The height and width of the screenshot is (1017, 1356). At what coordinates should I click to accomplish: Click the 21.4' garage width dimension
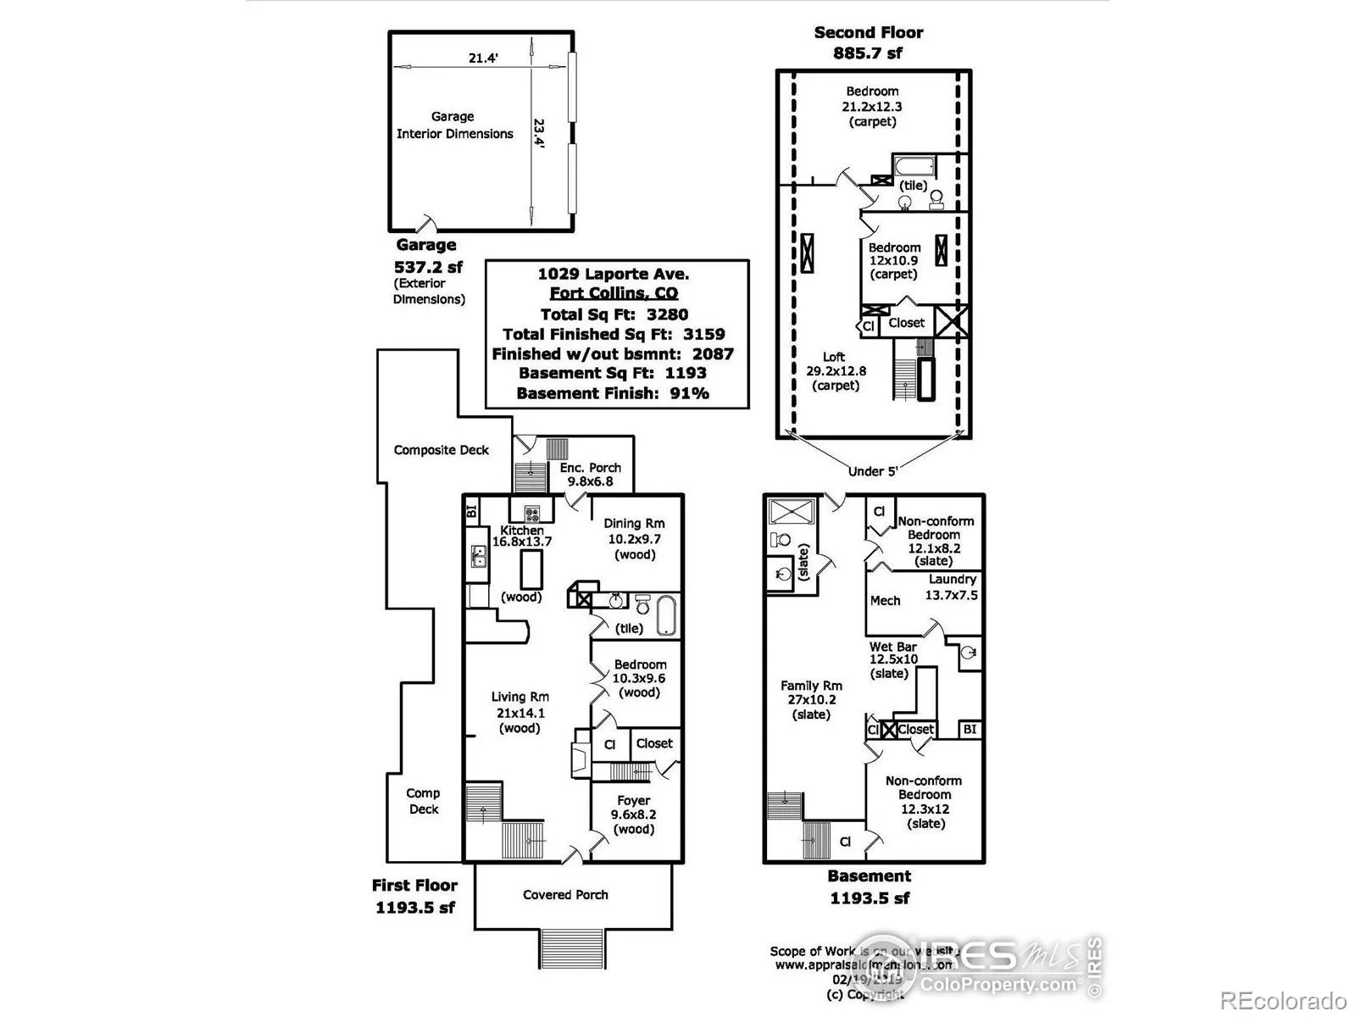(x=483, y=58)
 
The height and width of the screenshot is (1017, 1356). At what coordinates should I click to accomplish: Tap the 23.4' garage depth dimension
(x=539, y=134)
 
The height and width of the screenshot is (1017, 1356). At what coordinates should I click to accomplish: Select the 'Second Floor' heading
(x=868, y=33)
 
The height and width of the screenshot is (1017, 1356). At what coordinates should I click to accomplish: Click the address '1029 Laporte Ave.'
(x=613, y=274)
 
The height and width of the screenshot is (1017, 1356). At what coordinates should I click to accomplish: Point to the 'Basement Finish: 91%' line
(x=613, y=393)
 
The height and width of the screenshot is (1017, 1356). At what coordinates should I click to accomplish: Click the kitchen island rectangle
(x=531, y=569)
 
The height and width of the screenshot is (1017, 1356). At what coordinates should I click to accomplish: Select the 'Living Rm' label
(x=520, y=697)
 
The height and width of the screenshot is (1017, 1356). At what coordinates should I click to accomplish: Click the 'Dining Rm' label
(x=634, y=524)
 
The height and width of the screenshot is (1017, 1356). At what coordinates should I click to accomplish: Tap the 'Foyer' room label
(x=634, y=800)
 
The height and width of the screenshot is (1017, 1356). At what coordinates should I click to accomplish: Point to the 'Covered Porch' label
(x=565, y=895)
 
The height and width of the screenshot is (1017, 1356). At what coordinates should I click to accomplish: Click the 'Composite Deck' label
(x=441, y=450)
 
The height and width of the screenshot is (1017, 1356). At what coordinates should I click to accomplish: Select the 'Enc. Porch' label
(x=590, y=468)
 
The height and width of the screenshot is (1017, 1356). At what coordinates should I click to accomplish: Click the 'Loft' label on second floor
(x=834, y=357)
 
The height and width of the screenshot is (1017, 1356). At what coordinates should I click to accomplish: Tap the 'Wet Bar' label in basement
(x=893, y=647)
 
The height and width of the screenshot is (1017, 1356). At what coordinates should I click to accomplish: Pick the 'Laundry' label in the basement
(x=953, y=580)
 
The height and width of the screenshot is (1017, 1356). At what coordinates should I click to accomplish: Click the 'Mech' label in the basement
(x=885, y=601)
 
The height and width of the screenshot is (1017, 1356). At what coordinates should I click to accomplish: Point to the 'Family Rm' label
(x=811, y=686)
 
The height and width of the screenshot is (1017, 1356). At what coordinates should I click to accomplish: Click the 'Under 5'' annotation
(x=873, y=471)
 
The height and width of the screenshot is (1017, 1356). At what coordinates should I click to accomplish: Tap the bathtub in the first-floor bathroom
(x=666, y=615)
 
